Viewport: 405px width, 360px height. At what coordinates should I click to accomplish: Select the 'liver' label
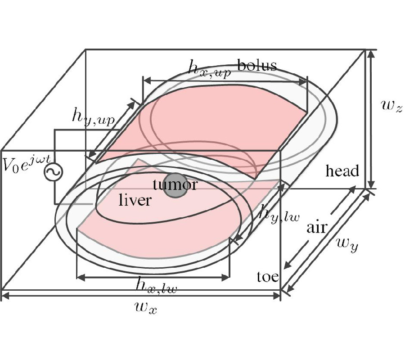point(135,200)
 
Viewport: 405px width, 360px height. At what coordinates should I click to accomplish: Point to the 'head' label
point(342,171)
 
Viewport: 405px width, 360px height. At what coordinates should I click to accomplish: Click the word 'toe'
point(268,276)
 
